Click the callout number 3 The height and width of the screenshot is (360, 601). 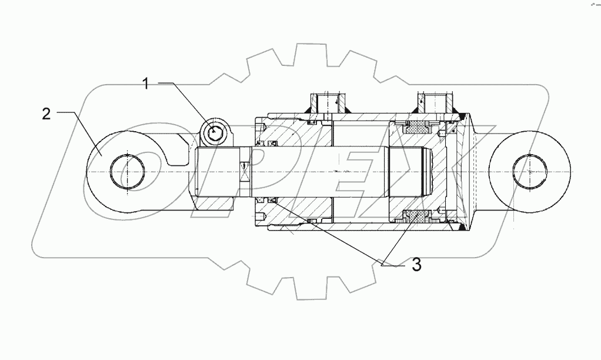[x=416, y=265]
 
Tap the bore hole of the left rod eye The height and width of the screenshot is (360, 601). [x=126, y=171]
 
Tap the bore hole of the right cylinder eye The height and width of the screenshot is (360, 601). [x=529, y=171]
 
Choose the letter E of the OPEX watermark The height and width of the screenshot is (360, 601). [x=365, y=171]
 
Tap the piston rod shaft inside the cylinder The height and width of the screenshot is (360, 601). [x=353, y=171]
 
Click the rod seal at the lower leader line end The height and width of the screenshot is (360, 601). [x=272, y=201]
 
